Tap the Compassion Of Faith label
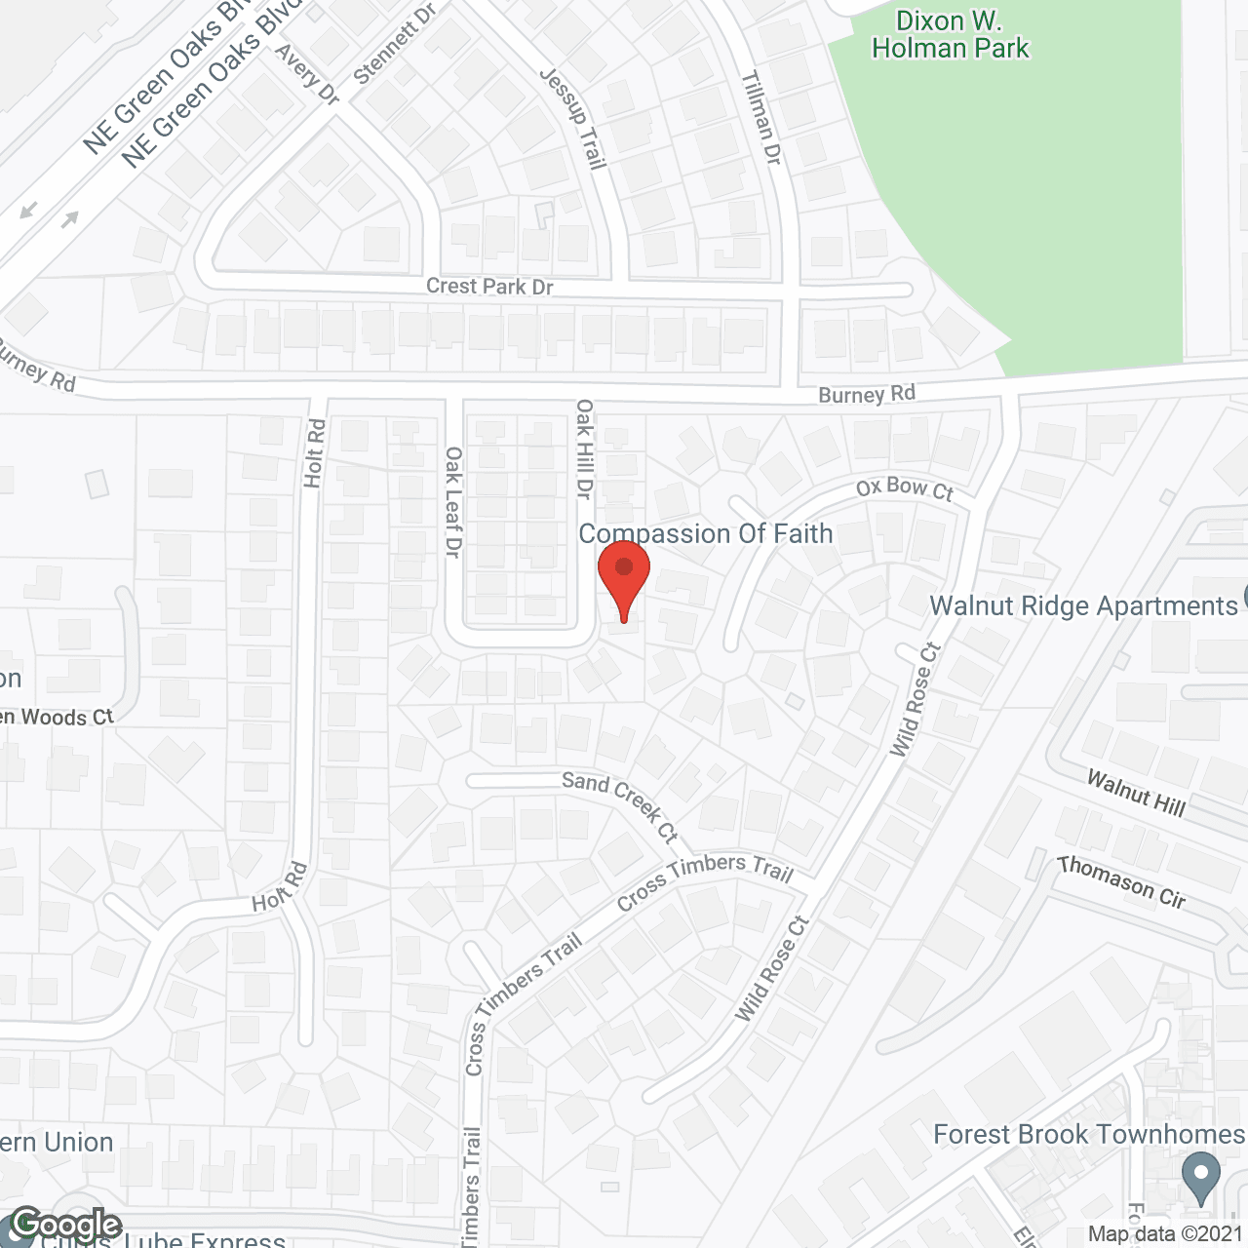pos(706,533)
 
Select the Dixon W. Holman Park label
pos(951,35)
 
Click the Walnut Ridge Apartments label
pos(1083,605)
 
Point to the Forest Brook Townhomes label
pos(1089,1134)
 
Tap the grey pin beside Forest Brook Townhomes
pos(1201,1177)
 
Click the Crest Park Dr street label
pos(489,287)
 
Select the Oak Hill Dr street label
pos(584,448)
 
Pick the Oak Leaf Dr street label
pos(453,502)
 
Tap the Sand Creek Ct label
pos(620,804)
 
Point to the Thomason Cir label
pos(1122,881)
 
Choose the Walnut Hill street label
pos(1137,792)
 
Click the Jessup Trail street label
pos(574,118)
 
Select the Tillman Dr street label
pos(762,117)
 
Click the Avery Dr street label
pos(307,74)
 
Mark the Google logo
pos(65,1225)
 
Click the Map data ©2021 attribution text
pos(1165,1233)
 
